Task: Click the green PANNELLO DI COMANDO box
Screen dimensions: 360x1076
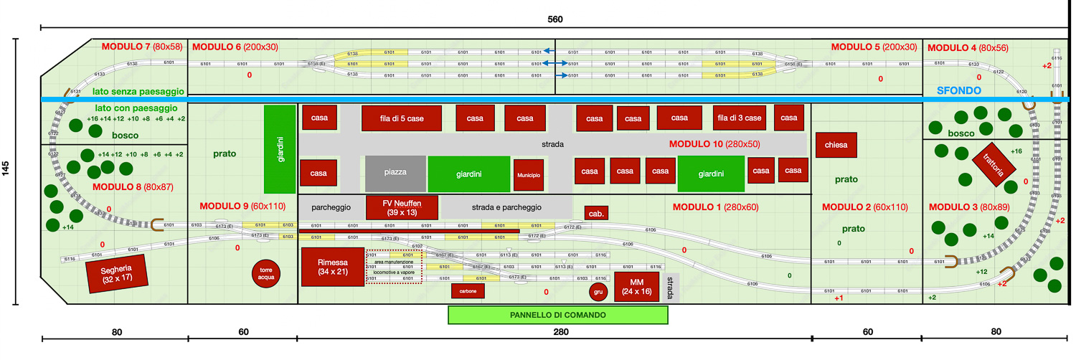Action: coord(557,315)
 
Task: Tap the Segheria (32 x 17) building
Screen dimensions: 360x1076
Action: coord(115,273)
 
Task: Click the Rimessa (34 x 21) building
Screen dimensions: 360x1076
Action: coord(333,267)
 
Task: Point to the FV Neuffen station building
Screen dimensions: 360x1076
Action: coord(402,207)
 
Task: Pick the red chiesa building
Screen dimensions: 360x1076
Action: coord(836,145)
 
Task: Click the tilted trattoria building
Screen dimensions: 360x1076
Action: coord(995,164)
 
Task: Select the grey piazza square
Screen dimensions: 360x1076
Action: coord(395,174)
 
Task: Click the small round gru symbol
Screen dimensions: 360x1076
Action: coord(598,292)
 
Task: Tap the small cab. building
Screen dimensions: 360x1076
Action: coord(596,214)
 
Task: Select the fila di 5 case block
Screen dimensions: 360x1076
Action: coord(401,118)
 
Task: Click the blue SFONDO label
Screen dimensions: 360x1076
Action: coord(960,91)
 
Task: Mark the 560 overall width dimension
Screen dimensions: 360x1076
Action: coord(554,17)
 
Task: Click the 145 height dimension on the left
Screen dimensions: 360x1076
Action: coord(6,169)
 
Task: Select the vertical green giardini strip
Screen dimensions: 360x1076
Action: coord(280,149)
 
